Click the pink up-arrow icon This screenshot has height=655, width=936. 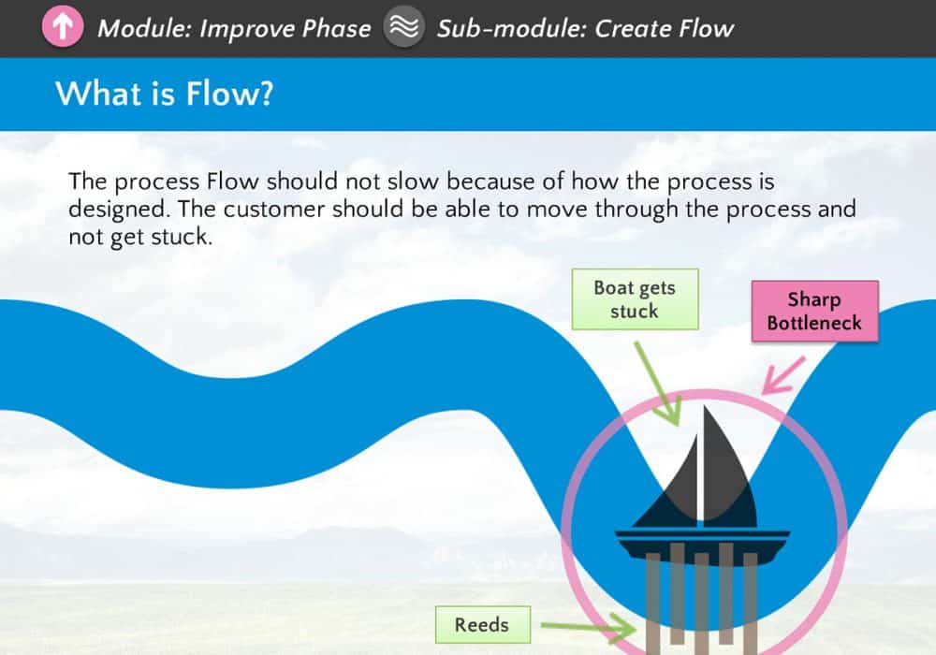(63, 27)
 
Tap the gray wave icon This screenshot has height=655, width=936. (404, 27)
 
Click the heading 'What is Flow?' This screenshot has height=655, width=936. (165, 94)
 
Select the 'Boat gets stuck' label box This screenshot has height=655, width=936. (636, 298)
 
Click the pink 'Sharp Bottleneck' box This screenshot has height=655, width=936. (815, 311)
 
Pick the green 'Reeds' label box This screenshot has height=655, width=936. (483, 624)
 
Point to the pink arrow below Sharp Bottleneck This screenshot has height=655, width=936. (782, 376)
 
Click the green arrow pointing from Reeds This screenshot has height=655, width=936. (588, 627)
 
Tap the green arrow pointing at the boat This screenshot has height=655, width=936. (657, 384)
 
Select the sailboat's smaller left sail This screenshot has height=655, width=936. (671, 489)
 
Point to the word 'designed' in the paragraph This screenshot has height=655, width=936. (117, 210)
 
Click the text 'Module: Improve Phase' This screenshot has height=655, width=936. (234, 29)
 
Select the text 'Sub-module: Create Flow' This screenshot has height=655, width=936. (585, 29)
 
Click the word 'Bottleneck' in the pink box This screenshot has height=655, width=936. (815, 323)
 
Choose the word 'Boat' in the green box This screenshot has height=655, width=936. (614, 287)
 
